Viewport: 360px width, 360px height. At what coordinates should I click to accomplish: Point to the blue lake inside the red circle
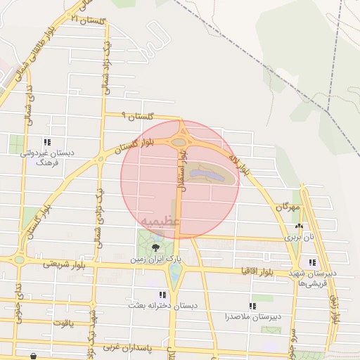coord(206,172)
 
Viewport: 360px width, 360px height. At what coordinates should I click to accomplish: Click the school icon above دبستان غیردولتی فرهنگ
coord(47,142)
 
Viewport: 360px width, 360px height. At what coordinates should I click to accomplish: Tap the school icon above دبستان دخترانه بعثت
coord(162,295)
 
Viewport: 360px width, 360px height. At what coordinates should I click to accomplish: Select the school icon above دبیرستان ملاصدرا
coord(252,306)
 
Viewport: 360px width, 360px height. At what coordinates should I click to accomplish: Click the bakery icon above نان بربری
coord(299,226)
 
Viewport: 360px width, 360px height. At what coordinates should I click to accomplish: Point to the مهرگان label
coord(288,207)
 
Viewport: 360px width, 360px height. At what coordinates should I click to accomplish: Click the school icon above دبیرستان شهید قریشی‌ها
coord(312,263)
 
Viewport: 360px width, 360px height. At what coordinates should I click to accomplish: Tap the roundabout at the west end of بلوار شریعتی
coord(19,260)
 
